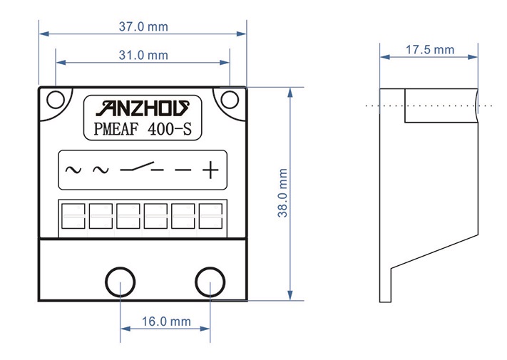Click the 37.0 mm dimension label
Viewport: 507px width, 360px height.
point(143,26)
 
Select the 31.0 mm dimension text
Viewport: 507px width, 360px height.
point(143,55)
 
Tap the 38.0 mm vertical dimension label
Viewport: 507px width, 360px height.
point(282,193)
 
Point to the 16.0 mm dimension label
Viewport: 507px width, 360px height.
point(166,322)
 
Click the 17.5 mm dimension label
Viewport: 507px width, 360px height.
point(430,50)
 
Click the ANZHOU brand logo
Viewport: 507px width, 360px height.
point(143,108)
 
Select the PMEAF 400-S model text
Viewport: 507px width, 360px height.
point(143,128)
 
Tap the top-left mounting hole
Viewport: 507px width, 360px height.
point(56,100)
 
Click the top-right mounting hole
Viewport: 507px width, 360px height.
point(230,100)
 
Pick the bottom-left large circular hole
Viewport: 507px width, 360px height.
point(121,282)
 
